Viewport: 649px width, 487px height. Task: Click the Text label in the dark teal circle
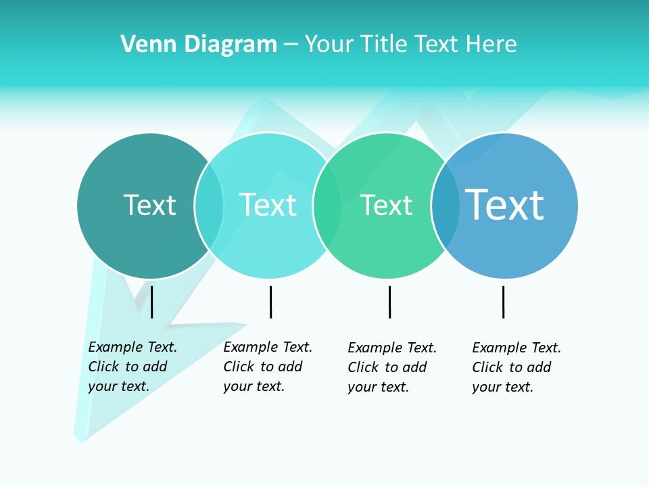[x=149, y=205]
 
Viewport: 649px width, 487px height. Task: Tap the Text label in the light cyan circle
[x=268, y=205]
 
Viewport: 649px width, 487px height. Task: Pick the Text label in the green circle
[x=386, y=205]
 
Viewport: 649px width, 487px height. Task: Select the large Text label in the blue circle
[x=504, y=205]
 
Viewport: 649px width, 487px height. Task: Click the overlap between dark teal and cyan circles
[x=209, y=205]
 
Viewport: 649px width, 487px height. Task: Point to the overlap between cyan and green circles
[x=327, y=205]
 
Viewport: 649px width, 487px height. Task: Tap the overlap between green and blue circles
[x=445, y=205]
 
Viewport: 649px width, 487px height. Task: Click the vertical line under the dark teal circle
[x=152, y=302]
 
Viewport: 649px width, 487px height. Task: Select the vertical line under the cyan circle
[x=270, y=302]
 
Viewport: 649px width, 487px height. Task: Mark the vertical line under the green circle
[x=389, y=302]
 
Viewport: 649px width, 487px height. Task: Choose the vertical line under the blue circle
[x=503, y=302]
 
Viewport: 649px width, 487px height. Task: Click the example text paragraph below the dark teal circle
[x=132, y=367]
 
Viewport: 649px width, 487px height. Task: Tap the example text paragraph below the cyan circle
[x=267, y=367]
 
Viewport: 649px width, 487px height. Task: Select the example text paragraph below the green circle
[x=391, y=367]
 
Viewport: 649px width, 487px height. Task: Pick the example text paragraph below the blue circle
[x=516, y=367]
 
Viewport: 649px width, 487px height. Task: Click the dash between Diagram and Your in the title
[x=291, y=45]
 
